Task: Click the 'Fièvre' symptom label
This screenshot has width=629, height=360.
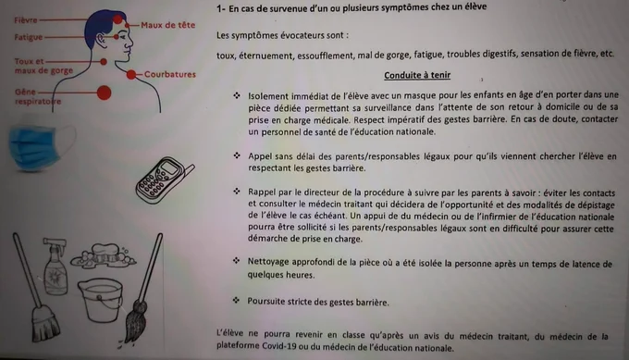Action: [26, 20]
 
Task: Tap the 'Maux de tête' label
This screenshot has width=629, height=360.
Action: [167, 25]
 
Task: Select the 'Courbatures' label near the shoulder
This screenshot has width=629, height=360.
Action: [170, 74]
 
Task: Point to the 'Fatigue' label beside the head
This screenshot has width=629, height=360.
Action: [28, 37]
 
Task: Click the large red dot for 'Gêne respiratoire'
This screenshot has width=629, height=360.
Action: [104, 93]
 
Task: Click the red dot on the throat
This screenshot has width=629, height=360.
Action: [104, 61]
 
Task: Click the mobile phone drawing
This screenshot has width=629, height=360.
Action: [164, 180]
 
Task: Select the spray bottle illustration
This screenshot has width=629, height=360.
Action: [55, 266]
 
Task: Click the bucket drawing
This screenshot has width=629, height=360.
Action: [100, 299]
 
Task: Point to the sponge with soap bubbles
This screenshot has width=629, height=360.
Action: [103, 255]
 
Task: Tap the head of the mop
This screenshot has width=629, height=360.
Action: [136, 321]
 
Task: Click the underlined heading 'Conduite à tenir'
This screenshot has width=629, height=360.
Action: [417, 75]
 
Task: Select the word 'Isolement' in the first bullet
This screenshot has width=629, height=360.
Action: [267, 96]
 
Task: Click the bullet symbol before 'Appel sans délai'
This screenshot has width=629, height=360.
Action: [237, 155]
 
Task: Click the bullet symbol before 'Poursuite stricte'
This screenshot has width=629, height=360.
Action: [236, 300]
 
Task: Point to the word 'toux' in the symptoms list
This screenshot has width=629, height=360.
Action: [226, 56]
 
